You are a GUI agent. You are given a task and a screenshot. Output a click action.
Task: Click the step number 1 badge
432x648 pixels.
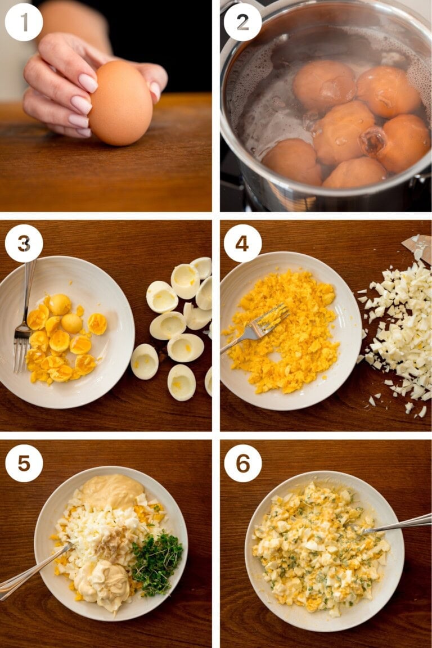click(24, 22)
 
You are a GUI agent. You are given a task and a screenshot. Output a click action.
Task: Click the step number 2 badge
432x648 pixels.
click(242, 22)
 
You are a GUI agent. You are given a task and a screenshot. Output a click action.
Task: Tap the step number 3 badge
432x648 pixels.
click(24, 243)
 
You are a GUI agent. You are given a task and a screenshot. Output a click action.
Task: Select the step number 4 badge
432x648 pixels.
click(242, 243)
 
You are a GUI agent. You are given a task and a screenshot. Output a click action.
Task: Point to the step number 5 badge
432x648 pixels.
click(24, 463)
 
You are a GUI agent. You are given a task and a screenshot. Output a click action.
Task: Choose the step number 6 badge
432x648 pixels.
click(242, 463)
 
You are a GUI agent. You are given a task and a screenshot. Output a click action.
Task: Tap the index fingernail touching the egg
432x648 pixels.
click(88, 83)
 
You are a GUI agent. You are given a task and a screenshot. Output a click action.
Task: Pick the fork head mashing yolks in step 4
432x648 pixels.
click(270, 318)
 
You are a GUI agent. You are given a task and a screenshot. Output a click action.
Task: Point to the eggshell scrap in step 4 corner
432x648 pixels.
click(418, 246)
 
